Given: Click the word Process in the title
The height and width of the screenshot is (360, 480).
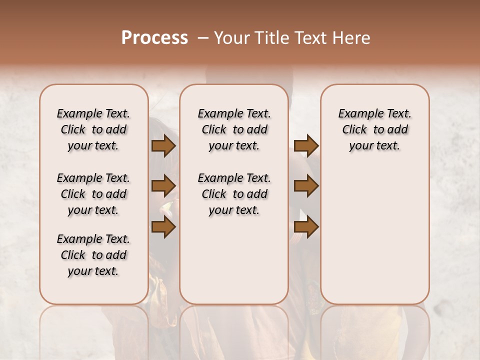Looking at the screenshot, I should coord(154,38).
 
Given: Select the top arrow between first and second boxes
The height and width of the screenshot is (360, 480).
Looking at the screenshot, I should coord(163,145).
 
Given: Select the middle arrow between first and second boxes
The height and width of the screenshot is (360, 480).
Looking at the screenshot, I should coord(163,186).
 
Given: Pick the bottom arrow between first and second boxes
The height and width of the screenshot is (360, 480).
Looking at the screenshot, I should coord(163,227).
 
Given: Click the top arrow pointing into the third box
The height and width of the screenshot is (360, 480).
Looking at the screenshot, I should coord(306,145).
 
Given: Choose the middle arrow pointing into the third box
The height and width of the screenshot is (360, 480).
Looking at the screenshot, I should coord(306,186).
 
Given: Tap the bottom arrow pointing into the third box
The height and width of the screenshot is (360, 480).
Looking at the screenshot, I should coord(306,227).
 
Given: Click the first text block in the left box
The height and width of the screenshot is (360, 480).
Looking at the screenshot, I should coord(93,129).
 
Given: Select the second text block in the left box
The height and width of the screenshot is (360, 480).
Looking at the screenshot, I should coord(93,194).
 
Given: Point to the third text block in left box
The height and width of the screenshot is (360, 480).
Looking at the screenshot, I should coord(93,255).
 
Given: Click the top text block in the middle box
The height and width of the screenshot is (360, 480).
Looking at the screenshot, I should coord(234,129).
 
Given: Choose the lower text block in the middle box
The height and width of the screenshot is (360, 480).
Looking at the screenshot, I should coord(234,194).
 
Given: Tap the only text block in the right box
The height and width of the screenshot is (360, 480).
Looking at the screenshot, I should coord(374,129).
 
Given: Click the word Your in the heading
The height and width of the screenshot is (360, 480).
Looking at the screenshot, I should coord(232,38).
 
